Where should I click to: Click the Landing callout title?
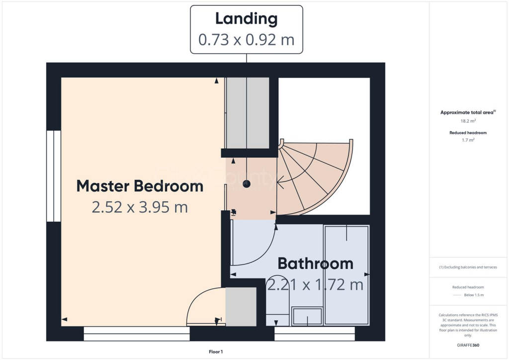(x=247, y=19)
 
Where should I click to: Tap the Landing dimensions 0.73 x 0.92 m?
(x=247, y=40)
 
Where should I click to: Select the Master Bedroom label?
(x=140, y=186)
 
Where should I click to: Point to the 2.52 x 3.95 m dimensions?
(x=140, y=207)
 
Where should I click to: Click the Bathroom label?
(x=316, y=264)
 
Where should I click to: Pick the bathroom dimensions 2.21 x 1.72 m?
(x=315, y=285)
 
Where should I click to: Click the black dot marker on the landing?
(x=247, y=184)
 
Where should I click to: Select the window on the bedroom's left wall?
(x=54, y=176)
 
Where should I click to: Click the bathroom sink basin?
(x=307, y=316)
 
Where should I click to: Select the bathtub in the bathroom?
(x=346, y=275)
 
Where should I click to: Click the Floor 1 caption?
(x=216, y=352)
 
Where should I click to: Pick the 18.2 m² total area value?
(x=468, y=121)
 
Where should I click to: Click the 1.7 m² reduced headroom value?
(x=468, y=140)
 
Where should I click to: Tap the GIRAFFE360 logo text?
(x=468, y=345)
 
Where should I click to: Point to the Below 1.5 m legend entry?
(x=474, y=295)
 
